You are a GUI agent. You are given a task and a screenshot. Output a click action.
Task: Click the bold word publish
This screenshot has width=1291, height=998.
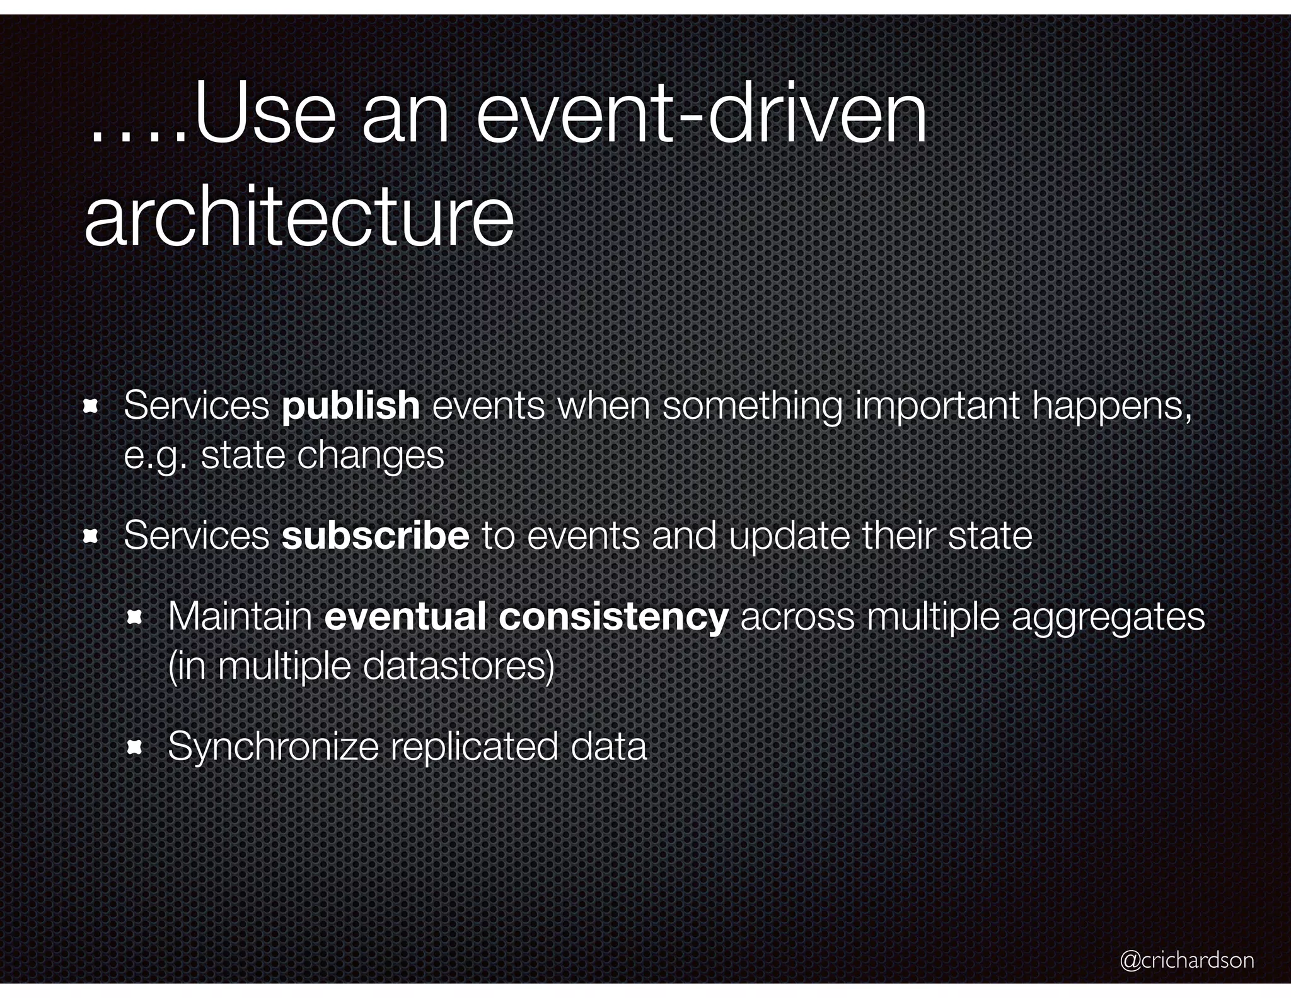(x=350, y=406)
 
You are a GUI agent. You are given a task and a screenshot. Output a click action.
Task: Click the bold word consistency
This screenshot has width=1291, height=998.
(x=613, y=616)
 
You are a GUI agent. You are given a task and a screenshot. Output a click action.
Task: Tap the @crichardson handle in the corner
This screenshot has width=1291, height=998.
(x=1187, y=960)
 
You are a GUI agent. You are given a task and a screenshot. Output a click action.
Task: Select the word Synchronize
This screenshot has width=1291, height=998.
(x=273, y=747)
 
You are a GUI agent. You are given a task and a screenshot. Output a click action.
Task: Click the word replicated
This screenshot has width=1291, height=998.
(x=474, y=747)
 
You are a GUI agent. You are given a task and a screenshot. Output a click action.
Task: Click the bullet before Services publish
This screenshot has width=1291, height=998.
(x=90, y=407)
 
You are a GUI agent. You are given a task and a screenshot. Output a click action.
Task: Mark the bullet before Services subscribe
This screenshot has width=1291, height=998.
(x=90, y=537)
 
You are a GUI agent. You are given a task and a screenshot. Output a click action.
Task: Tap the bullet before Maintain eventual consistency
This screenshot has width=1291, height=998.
(x=134, y=618)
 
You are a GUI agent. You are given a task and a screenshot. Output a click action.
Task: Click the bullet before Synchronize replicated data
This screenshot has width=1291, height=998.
(x=134, y=748)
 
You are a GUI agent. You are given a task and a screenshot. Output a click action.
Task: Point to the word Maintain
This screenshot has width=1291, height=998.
(x=240, y=616)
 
